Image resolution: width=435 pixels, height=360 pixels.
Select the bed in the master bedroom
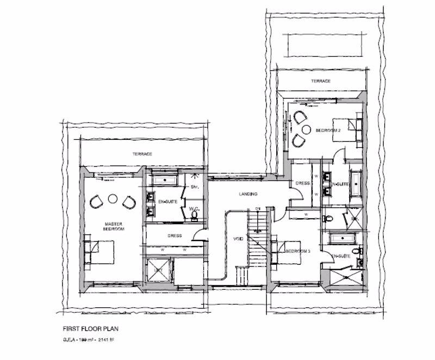(103, 252)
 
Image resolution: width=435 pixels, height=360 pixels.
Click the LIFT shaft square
(157, 270)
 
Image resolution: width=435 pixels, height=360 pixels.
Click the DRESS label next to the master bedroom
(175, 235)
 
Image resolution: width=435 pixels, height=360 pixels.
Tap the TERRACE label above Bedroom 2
(321, 81)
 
